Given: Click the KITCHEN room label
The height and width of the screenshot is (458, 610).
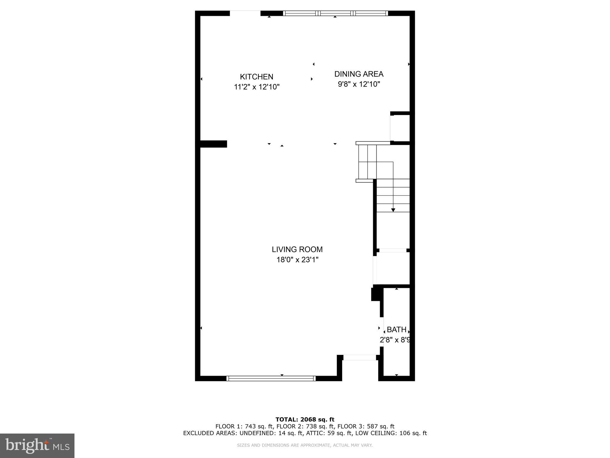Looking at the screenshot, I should coord(256,77).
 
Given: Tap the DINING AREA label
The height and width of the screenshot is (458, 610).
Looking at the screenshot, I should coord(359,74).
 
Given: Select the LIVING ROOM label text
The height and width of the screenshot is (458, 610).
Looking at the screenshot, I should coord(297,249).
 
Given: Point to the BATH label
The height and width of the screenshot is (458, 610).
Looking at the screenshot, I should coord(396,329).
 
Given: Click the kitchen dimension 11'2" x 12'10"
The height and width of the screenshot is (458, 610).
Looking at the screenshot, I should coord(256,87).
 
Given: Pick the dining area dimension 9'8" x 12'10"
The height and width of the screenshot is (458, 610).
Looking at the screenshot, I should coord(359,84).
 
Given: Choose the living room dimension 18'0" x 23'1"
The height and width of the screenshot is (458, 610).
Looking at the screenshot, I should coord(297,260).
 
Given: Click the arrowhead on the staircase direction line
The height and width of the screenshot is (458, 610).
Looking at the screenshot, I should coord(393,210).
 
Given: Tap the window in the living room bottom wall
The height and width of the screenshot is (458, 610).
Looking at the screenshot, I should coord(271,378).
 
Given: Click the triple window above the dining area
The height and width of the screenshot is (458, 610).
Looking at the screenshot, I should coord(335,13).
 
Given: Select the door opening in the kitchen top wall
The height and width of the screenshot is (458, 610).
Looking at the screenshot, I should coord(245,13).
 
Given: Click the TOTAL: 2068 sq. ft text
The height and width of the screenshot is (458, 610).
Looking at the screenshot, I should coord(305,420).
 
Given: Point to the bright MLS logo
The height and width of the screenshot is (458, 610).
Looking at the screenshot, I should coord(37,446).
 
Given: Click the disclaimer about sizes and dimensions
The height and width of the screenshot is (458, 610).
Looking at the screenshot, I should coord(305,445).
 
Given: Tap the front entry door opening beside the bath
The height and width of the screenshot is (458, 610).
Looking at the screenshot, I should coord(360,358).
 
